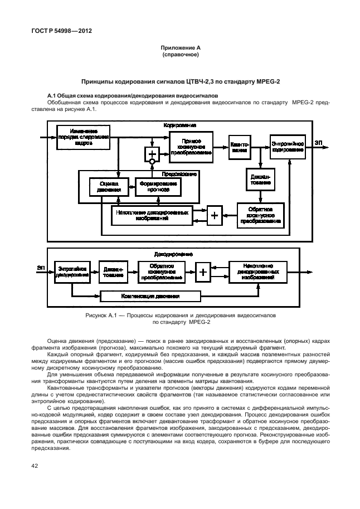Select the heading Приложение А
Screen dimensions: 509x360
coord(181,49)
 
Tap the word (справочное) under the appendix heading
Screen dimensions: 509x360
coord(181,56)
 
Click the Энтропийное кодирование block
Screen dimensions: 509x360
coord(288,146)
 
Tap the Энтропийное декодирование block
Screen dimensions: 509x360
coord(72,272)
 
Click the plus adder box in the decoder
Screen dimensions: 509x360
coord(203,272)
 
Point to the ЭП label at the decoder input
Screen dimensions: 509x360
coord(41,268)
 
